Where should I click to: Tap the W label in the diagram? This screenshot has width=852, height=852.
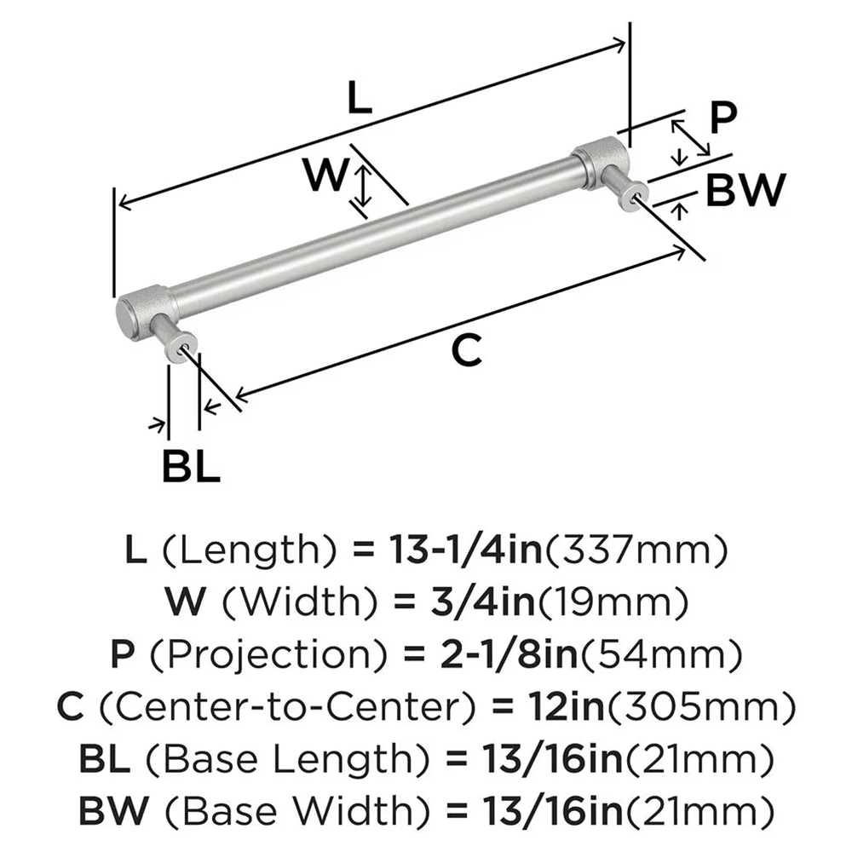click(325, 177)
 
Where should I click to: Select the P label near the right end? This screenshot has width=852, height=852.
click(722, 118)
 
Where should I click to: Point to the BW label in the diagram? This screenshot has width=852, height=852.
click(744, 191)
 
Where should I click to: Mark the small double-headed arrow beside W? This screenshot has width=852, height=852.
click(362, 187)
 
